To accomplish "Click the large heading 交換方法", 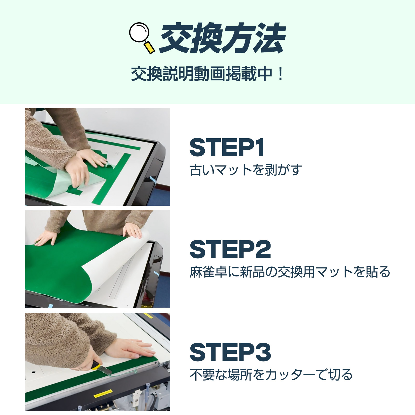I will point(223,38).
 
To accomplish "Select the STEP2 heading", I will point(230,249).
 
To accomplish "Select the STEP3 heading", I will point(230,352).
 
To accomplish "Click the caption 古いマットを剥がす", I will point(246,170).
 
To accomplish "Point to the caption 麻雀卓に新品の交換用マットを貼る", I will point(290,272).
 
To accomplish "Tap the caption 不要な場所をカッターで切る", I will point(271,375).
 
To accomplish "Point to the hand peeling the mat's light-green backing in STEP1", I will point(78,174).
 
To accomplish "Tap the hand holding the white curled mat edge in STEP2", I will point(133,230).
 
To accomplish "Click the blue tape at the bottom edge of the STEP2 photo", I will point(50,306).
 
